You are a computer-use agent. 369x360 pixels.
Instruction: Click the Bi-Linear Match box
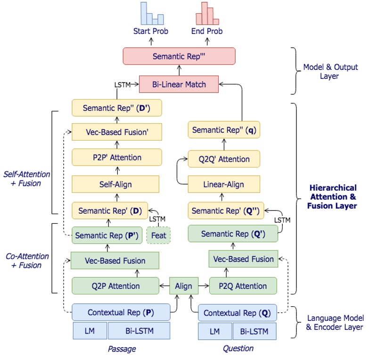point(179,85)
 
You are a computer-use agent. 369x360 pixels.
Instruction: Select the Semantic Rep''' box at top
point(179,56)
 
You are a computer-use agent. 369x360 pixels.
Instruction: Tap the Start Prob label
point(151,31)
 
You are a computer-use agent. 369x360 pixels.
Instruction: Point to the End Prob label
point(207,31)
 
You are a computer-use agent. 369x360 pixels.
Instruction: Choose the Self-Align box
point(115,184)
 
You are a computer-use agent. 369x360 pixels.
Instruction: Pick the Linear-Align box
point(223,184)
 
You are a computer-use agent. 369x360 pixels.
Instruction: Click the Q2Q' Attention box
point(224,159)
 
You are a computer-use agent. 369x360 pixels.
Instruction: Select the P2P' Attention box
point(117,158)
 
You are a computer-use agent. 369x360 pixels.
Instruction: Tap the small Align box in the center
point(184,286)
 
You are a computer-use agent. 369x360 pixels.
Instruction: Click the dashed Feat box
point(158,235)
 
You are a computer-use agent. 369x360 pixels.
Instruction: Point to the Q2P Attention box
point(115,286)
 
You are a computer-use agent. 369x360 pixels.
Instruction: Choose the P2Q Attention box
point(244,286)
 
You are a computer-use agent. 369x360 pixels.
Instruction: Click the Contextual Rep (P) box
point(121,312)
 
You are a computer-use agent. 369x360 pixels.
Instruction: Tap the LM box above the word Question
point(214,331)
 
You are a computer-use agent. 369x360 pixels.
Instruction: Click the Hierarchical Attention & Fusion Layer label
point(332,197)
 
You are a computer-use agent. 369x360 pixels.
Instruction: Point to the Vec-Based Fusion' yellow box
point(117,132)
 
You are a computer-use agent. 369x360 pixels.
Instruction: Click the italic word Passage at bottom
point(122,349)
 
